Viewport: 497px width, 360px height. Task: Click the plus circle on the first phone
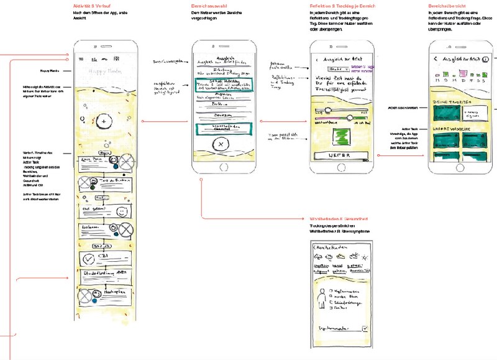(x=105, y=121)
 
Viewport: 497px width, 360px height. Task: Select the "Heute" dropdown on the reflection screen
(x=335, y=68)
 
